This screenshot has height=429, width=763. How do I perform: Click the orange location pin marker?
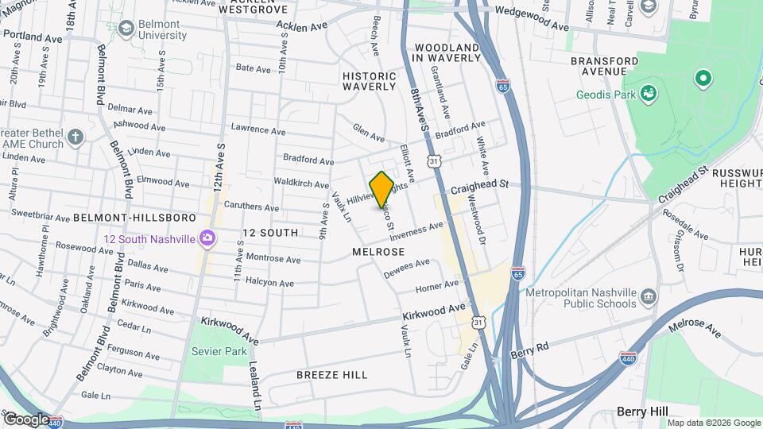(381, 189)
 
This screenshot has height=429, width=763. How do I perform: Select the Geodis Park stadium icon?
(649, 93)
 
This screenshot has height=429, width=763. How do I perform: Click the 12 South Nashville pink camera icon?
(207, 238)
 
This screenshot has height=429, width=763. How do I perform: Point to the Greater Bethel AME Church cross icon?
(76, 137)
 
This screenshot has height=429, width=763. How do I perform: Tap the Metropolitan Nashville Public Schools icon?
(649, 297)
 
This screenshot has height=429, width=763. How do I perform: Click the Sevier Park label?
(219, 351)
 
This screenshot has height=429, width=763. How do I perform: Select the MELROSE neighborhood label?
(378, 251)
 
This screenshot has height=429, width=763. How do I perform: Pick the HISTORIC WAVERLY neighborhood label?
(369, 80)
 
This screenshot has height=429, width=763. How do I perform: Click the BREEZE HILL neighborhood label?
(331, 374)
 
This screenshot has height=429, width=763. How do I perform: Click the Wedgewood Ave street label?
(533, 11)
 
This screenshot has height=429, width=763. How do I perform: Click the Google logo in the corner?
(26, 419)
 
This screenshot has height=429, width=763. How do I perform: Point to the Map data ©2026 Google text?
(713, 423)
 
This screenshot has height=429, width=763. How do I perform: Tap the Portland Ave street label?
(32, 37)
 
